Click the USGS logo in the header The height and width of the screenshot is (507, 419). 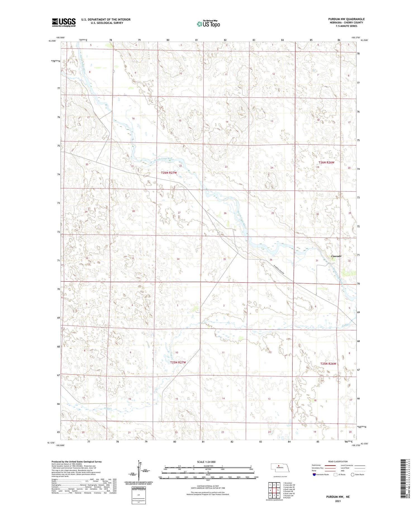point(64,22)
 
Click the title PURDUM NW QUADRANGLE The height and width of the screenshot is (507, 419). point(346,19)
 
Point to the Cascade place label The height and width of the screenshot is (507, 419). point(336,256)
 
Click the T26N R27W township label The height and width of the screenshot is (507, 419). point(169,173)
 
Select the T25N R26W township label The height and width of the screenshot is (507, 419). point(328,364)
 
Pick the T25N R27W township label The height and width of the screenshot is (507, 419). point(178,362)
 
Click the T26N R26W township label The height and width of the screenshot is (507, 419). point(326,162)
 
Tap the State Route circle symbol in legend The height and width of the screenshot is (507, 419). point(353,475)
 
